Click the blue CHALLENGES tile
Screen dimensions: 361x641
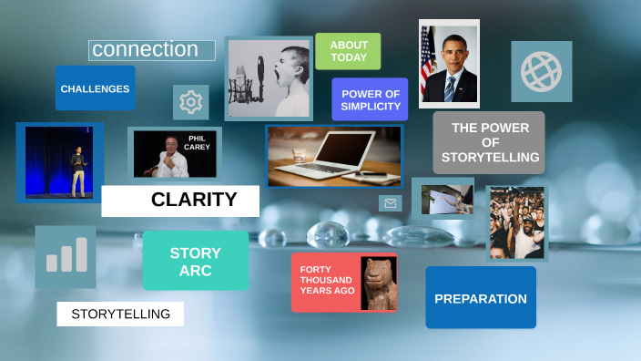click(95, 88)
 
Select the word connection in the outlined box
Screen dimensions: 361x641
click(146, 49)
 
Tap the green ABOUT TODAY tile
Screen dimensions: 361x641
click(348, 51)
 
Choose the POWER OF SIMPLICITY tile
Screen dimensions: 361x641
click(370, 99)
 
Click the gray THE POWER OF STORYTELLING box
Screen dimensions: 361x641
click(489, 142)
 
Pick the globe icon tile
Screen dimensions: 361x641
click(542, 71)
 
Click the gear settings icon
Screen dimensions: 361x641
click(190, 102)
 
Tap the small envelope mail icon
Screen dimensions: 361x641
click(391, 203)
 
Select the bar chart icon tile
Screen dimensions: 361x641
click(66, 256)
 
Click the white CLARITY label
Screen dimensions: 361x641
click(180, 201)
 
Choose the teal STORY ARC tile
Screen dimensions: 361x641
click(195, 261)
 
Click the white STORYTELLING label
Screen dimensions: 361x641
click(120, 314)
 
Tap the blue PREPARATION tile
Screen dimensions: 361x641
click(480, 298)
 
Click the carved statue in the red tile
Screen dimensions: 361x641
click(378, 283)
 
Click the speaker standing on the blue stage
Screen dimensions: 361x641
click(77, 168)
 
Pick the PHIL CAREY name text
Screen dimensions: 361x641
click(197, 143)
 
